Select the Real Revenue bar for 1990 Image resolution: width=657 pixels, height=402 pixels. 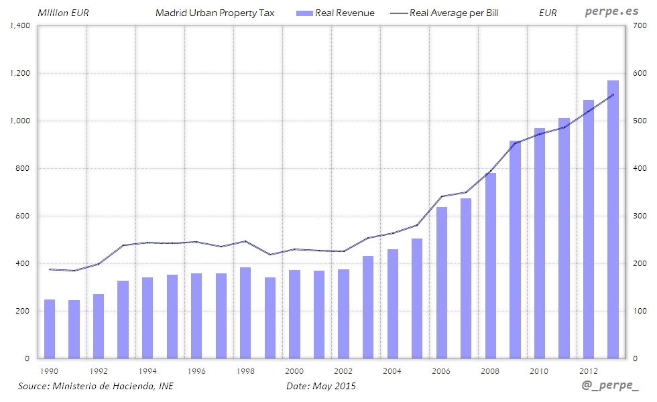click(50, 329)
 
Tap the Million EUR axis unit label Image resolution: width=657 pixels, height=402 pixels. click(64, 13)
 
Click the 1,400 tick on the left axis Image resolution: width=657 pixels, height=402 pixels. click(19, 25)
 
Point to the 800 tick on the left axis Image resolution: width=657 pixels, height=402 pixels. click(23, 168)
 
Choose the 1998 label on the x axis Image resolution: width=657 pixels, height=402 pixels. click(245, 371)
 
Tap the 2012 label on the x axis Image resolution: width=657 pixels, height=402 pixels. click(589, 371)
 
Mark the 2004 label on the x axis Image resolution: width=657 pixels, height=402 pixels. click(393, 371)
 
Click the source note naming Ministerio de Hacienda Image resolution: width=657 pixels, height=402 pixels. click(95, 386)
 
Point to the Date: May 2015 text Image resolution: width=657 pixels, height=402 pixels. click(321, 386)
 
